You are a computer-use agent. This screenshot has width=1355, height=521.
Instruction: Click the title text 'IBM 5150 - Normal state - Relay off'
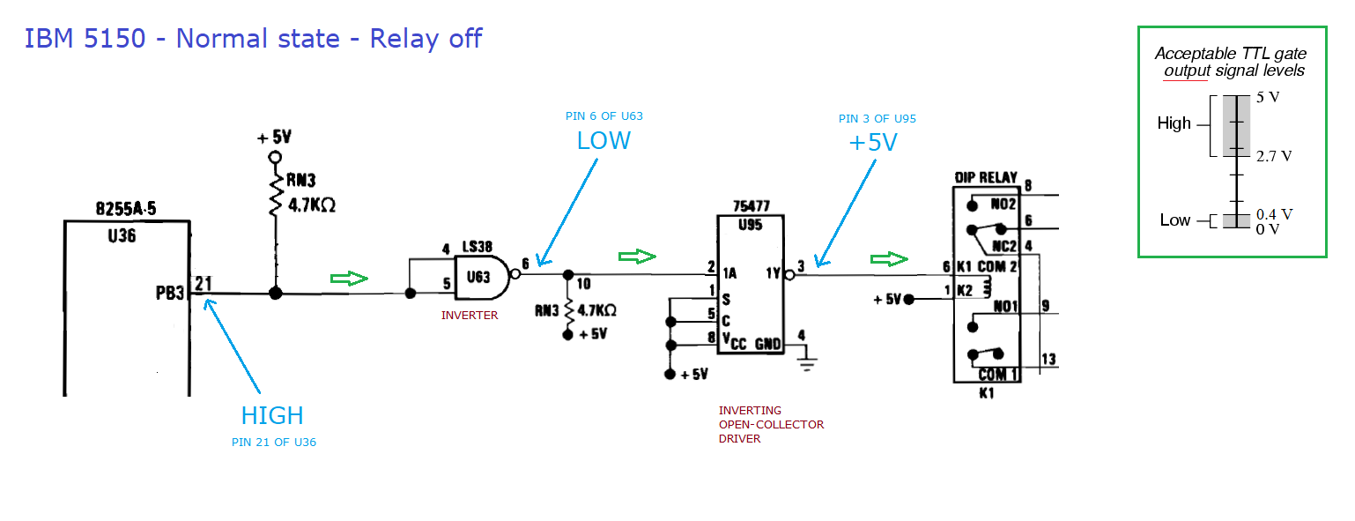253,40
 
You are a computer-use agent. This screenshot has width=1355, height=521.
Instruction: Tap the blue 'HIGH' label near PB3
272,415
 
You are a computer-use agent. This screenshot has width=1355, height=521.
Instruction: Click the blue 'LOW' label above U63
603,141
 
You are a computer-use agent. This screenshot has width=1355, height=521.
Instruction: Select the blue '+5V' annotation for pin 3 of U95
873,142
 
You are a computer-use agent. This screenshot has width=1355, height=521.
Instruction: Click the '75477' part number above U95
751,206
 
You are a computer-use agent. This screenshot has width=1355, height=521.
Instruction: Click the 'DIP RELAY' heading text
986,177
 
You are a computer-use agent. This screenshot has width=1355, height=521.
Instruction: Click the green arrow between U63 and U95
638,257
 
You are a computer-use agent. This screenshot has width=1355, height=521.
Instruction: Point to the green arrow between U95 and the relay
889,259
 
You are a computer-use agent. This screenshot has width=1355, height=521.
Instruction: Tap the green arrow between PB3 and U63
349,279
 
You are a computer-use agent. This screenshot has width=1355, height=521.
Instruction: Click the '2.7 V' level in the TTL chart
1274,157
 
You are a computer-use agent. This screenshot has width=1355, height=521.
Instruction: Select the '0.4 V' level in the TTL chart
1273,214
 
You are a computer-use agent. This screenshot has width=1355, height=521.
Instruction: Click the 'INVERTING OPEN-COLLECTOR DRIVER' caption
771,424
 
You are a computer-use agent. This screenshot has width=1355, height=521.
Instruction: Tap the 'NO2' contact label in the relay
1003,205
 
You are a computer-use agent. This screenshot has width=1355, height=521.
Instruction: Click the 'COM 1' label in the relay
999,374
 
